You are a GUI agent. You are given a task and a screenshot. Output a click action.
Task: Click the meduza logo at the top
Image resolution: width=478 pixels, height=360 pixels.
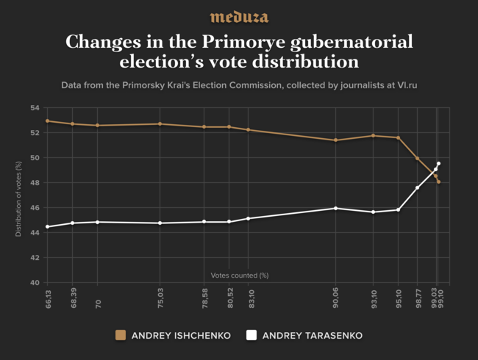click(x=239, y=17)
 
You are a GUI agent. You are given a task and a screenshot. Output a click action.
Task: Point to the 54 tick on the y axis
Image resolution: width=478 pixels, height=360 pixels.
click(x=35, y=108)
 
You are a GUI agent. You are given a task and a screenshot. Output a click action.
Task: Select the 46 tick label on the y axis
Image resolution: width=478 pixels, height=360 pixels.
click(x=35, y=208)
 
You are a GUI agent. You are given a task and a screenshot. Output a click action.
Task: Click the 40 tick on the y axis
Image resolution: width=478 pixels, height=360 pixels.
click(x=35, y=283)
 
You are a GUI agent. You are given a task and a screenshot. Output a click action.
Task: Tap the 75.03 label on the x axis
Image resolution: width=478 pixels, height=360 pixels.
click(x=160, y=298)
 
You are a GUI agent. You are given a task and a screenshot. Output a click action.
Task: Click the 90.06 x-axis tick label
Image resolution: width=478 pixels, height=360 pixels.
click(x=336, y=298)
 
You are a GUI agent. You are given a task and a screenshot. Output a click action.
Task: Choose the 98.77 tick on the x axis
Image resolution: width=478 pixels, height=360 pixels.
click(x=418, y=298)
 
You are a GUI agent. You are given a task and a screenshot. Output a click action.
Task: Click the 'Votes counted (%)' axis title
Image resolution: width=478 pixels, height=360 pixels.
click(x=240, y=276)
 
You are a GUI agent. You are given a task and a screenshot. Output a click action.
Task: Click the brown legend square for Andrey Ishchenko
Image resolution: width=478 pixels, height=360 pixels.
click(x=121, y=336)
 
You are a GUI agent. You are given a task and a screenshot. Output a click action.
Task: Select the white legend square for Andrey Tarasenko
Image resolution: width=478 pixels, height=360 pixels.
click(x=252, y=336)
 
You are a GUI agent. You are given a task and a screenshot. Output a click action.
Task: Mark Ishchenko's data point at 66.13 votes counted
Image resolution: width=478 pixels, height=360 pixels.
click(x=47, y=120)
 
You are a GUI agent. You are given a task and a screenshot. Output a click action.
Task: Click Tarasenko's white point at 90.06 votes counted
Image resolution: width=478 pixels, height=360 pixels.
click(x=336, y=208)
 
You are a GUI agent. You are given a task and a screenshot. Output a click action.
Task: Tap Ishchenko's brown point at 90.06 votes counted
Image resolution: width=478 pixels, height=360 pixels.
click(x=336, y=140)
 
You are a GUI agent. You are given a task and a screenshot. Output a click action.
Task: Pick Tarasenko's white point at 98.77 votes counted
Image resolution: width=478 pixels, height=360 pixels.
click(x=418, y=187)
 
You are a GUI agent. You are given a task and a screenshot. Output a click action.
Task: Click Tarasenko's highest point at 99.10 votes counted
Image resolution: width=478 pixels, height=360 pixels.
click(x=438, y=163)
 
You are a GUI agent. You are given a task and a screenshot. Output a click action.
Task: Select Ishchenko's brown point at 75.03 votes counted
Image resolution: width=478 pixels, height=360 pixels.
click(x=160, y=124)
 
